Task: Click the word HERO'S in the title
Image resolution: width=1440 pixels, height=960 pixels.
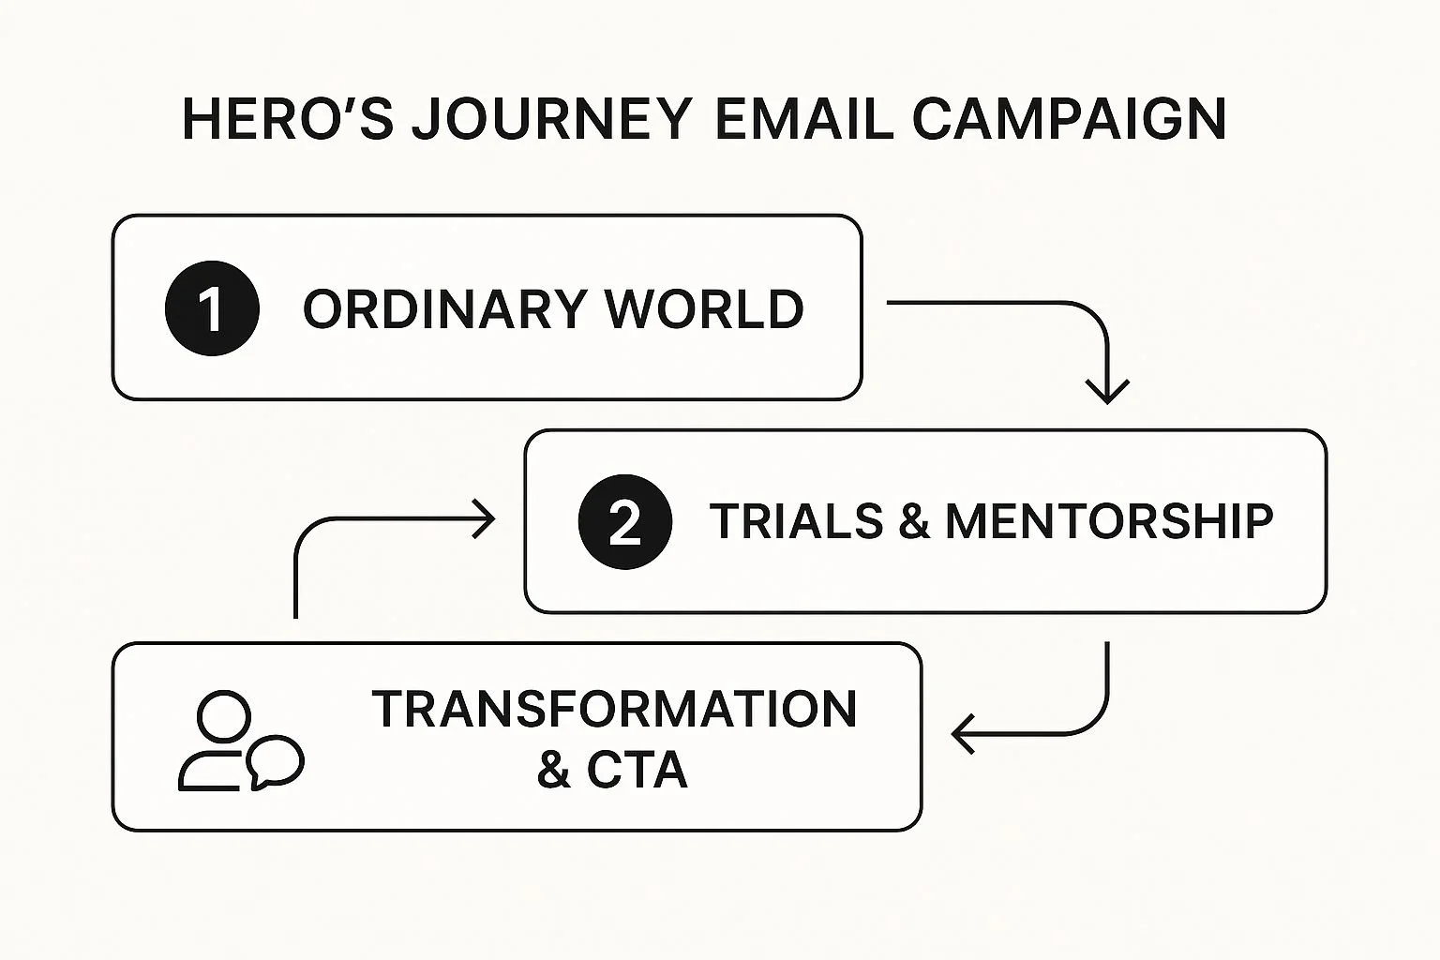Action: coord(287,119)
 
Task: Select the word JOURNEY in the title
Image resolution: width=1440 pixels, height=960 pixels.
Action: coord(552,119)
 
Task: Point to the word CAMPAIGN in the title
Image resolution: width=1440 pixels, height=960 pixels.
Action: coord(1069,119)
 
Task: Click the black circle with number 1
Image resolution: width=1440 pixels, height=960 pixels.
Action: coord(212,308)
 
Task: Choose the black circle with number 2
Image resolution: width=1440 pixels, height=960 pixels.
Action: coord(625,522)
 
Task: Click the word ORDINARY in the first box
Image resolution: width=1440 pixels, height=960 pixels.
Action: coord(445,309)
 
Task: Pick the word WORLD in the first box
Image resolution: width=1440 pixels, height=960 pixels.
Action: coord(704,309)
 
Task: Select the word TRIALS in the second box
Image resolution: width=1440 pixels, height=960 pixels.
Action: coord(796,521)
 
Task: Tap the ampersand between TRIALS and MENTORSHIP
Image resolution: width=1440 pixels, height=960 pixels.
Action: coord(914,522)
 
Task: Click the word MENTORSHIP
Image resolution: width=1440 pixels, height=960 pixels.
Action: coord(1109,521)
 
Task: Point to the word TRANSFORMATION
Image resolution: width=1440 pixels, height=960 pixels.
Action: coord(614,709)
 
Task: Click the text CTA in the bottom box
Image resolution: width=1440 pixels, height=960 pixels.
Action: coord(637,771)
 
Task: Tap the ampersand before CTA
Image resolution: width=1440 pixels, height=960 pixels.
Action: coord(554,771)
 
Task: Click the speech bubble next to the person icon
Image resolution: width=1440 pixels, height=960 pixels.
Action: coord(276,761)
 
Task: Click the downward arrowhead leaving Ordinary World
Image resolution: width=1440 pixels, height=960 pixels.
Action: coord(1107,391)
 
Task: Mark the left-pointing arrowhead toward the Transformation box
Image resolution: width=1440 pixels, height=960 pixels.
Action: coord(963,733)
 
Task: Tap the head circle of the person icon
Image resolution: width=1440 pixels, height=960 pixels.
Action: coord(224,717)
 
